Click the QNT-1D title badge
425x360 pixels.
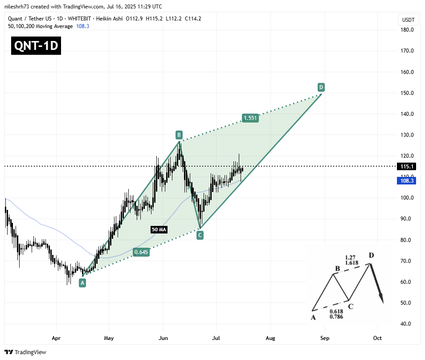click(x=36, y=45)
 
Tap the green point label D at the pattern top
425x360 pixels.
click(x=321, y=86)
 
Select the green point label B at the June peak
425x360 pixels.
click(x=179, y=135)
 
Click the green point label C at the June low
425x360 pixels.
click(x=200, y=235)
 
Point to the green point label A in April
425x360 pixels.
click(x=82, y=282)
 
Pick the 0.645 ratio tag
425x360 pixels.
click(x=141, y=252)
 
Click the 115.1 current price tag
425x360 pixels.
click(x=406, y=166)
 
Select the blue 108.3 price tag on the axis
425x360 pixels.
click(x=406, y=180)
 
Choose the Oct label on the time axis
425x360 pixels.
click(x=377, y=338)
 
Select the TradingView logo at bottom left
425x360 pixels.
click(x=26, y=352)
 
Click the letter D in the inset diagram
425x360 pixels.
click(x=371, y=256)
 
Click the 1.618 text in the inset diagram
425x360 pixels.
click(x=351, y=263)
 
